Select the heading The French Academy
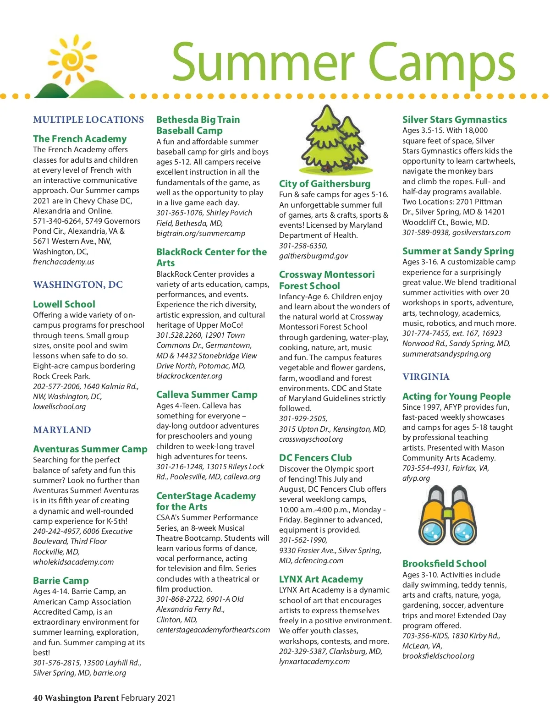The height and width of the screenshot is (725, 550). click(x=80, y=139)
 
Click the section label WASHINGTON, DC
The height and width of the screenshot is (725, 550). click(x=78, y=285)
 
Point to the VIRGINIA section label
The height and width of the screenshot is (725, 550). click(x=426, y=377)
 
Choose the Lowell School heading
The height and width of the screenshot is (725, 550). click(x=64, y=304)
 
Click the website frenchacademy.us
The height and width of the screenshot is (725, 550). click(x=63, y=262)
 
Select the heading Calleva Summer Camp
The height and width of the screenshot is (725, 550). click(x=207, y=395)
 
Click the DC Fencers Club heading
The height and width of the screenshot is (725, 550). click(x=315, y=458)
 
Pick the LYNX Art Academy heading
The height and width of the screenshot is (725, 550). click(x=321, y=579)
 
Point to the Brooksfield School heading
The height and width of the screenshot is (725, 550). click(x=444, y=564)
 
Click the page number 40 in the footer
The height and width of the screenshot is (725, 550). click(x=38, y=698)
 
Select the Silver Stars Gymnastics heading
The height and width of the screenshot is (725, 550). click(x=455, y=120)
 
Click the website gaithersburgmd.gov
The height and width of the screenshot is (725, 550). click(x=313, y=256)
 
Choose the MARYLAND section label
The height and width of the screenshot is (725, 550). click(x=62, y=430)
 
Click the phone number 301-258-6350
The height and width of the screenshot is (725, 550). click(x=303, y=246)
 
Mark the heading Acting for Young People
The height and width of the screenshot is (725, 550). click(x=456, y=396)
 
